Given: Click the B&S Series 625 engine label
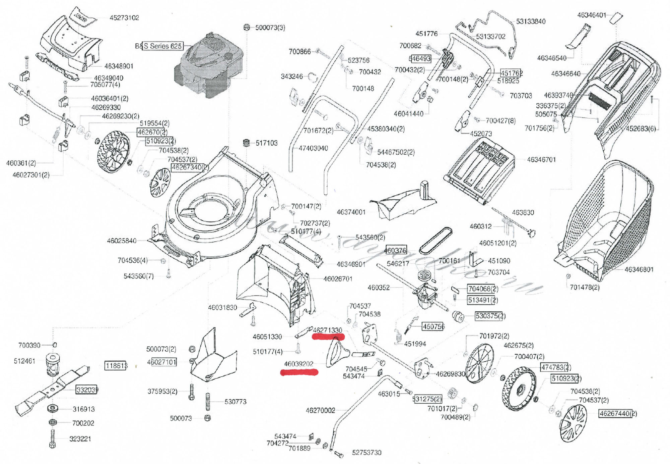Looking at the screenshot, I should pyautogui.click(x=159, y=46).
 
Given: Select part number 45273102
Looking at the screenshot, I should pyautogui.click(x=124, y=18).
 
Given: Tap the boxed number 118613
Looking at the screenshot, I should pyautogui.click(x=116, y=365).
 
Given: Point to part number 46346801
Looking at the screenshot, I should pyautogui.click(x=639, y=269).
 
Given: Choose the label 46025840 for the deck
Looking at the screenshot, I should pyautogui.click(x=122, y=241).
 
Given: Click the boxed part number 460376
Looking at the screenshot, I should pyautogui.click(x=395, y=250).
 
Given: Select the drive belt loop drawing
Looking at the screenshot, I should pyautogui.click(x=435, y=240).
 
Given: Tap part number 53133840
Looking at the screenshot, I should pyautogui.click(x=531, y=21).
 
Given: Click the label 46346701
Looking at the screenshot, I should pyautogui.click(x=541, y=160).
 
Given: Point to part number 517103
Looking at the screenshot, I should pyautogui.click(x=267, y=143).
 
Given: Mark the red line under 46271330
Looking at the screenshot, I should pyautogui.click(x=328, y=337).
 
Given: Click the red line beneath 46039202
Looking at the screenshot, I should pyautogui.click(x=299, y=372).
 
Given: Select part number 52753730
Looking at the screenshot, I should pyautogui.click(x=366, y=453).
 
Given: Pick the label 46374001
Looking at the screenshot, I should pyautogui.click(x=351, y=212).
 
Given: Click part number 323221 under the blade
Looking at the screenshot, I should pyautogui.click(x=80, y=439).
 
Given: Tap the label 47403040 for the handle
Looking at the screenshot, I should pyautogui.click(x=313, y=148).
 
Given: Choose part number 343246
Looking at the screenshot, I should pyautogui.click(x=291, y=76).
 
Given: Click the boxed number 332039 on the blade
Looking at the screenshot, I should pyautogui.click(x=87, y=390).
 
